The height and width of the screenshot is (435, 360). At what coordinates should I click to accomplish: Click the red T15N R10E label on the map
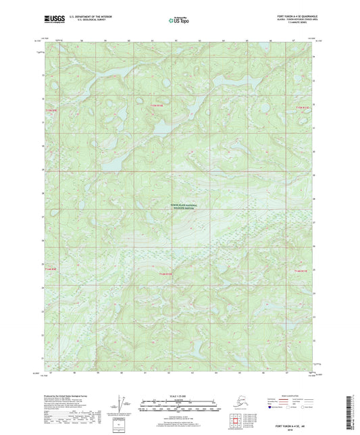click(x=157, y=105)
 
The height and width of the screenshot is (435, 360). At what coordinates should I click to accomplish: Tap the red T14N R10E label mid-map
click(x=166, y=274)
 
